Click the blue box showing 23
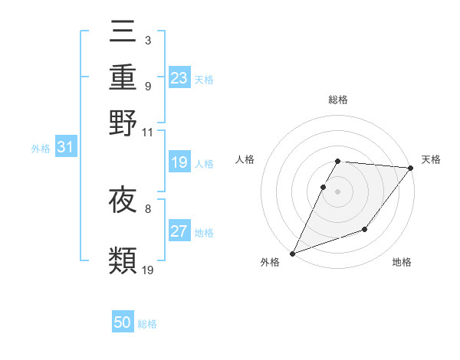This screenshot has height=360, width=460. coord(179,78)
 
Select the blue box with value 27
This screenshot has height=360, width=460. coord(179,232)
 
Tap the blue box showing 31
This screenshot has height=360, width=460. coord(64,148)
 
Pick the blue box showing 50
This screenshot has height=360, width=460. coord(123,322)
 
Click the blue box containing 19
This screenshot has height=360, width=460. coord(179,162)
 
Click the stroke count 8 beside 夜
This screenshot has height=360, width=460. coord(147,208)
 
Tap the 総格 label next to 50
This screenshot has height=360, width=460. coord(147,324)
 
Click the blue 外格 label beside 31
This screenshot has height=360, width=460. coord(41,149)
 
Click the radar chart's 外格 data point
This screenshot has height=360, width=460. coord(292,253)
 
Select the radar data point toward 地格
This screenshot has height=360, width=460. coord(365,229)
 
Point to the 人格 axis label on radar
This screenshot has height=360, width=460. coord(245,159)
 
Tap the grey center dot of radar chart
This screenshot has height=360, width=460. coord(337,191)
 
